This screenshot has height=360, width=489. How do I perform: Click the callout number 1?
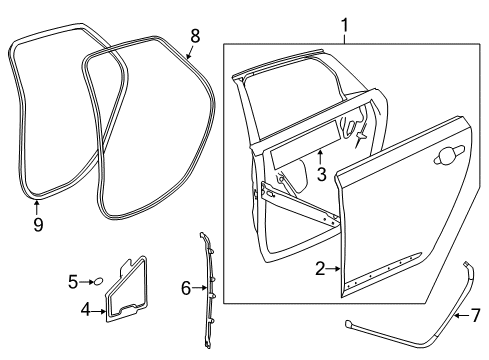tap(345, 23)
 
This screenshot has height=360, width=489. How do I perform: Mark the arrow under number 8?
tap(191, 52)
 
